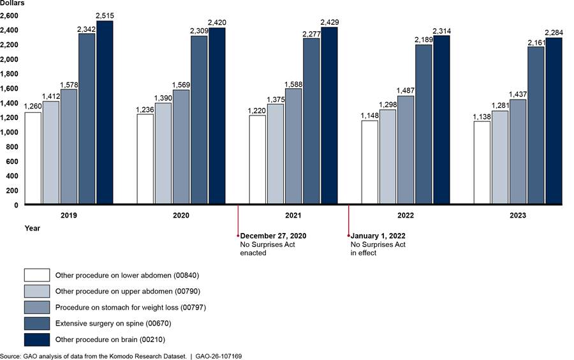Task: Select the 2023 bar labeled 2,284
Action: [554, 121]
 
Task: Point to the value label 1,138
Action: [482, 116]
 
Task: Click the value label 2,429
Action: [329, 22]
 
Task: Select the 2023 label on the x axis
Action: [518, 216]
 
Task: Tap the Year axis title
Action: [32, 228]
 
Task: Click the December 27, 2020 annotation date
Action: [273, 236]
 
